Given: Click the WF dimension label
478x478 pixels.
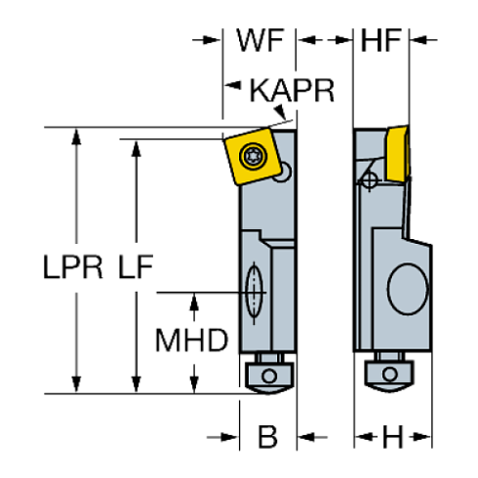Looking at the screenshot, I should coord(259,40).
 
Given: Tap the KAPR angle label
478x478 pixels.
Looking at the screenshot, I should coord(292,93).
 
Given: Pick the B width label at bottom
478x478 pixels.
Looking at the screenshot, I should coord(266,437).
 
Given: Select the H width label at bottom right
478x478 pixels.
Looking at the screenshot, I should coord(392,437).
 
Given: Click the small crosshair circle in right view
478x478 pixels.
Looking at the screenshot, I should coord(369,179).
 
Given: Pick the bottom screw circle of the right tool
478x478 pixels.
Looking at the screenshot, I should coord(387,374).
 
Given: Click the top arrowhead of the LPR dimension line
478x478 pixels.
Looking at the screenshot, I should coord(74,138).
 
